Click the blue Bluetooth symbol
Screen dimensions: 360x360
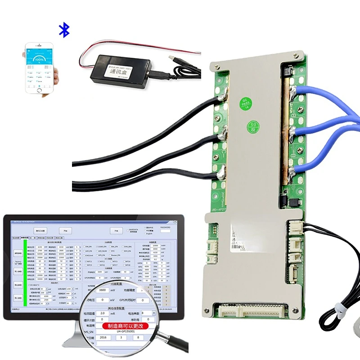[x=65, y=31]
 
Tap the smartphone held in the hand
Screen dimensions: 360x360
[x=39, y=67]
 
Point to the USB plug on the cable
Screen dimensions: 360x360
[x=174, y=58]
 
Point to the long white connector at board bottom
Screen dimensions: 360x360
[x=254, y=310]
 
